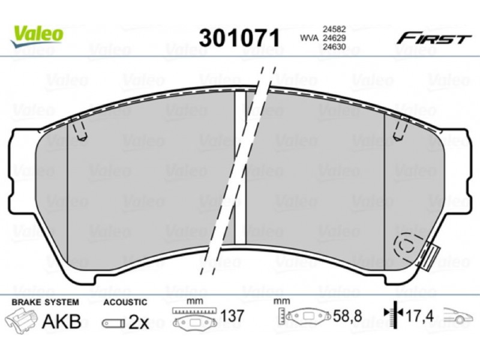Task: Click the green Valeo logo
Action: [37, 36]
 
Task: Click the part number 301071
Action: [239, 38]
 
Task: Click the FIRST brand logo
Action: [434, 39]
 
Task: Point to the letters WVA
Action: [310, 38]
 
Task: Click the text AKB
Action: [62, 321]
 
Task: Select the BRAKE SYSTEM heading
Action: [46, 302]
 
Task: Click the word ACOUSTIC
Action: [125, 302]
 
